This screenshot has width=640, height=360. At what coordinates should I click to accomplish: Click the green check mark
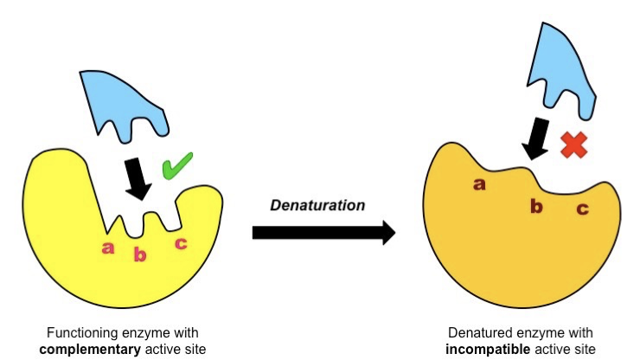point(178,166)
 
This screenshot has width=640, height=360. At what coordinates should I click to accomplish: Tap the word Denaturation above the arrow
point(317,205)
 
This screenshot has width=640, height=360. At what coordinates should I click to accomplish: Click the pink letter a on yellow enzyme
point(108,247)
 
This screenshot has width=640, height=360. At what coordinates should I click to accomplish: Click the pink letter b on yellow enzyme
point(140,254)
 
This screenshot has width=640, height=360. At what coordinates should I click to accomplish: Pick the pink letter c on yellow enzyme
point(180,243)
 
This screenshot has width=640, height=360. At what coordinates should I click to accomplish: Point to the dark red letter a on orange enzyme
point(478,183)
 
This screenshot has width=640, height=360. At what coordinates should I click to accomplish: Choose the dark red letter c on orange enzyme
point(583,209)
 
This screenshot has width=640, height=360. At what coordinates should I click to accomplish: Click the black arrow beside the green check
point(136,177)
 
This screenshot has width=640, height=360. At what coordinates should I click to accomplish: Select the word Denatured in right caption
point(477,332)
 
